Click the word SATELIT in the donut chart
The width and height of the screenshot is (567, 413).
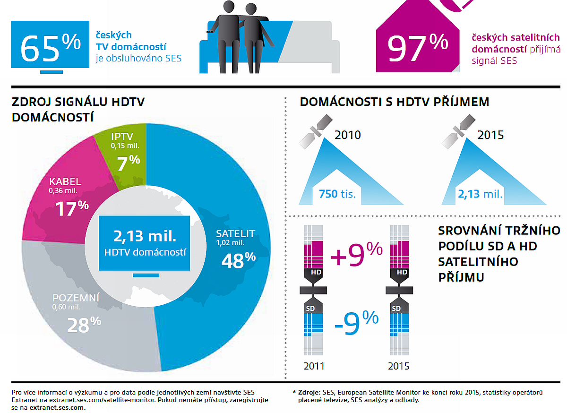tap(235, 233)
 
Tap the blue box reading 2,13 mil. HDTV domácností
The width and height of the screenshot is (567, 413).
tap(144, 243)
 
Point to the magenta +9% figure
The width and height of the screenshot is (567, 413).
tap(356, 255)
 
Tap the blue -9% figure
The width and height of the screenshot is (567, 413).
tap(355, 324)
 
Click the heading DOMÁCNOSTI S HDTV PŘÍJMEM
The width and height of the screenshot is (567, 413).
tap(395, 102)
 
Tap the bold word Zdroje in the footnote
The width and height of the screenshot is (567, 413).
tap(309, 392)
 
